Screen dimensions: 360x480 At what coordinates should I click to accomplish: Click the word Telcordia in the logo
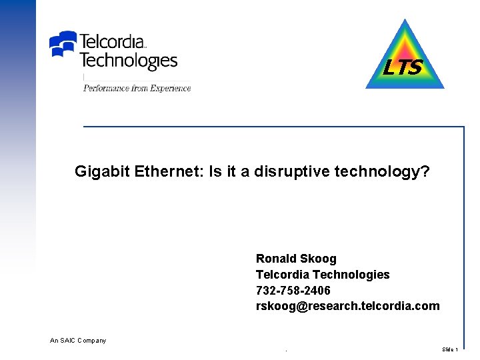112,41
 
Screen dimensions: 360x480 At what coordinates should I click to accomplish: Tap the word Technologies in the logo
128,61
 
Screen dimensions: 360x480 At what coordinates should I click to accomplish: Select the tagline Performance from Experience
137,88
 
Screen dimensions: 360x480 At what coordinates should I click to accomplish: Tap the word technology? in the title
383,172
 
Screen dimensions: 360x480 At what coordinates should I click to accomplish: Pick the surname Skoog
319,259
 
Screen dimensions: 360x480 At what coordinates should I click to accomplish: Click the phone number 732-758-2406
293,291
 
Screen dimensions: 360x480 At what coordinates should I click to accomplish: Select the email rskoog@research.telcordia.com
347,306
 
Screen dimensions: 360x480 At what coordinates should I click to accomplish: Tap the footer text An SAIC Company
78,341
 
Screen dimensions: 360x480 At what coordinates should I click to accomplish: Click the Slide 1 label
450,349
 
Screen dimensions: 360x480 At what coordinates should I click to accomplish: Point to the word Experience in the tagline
169,88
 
